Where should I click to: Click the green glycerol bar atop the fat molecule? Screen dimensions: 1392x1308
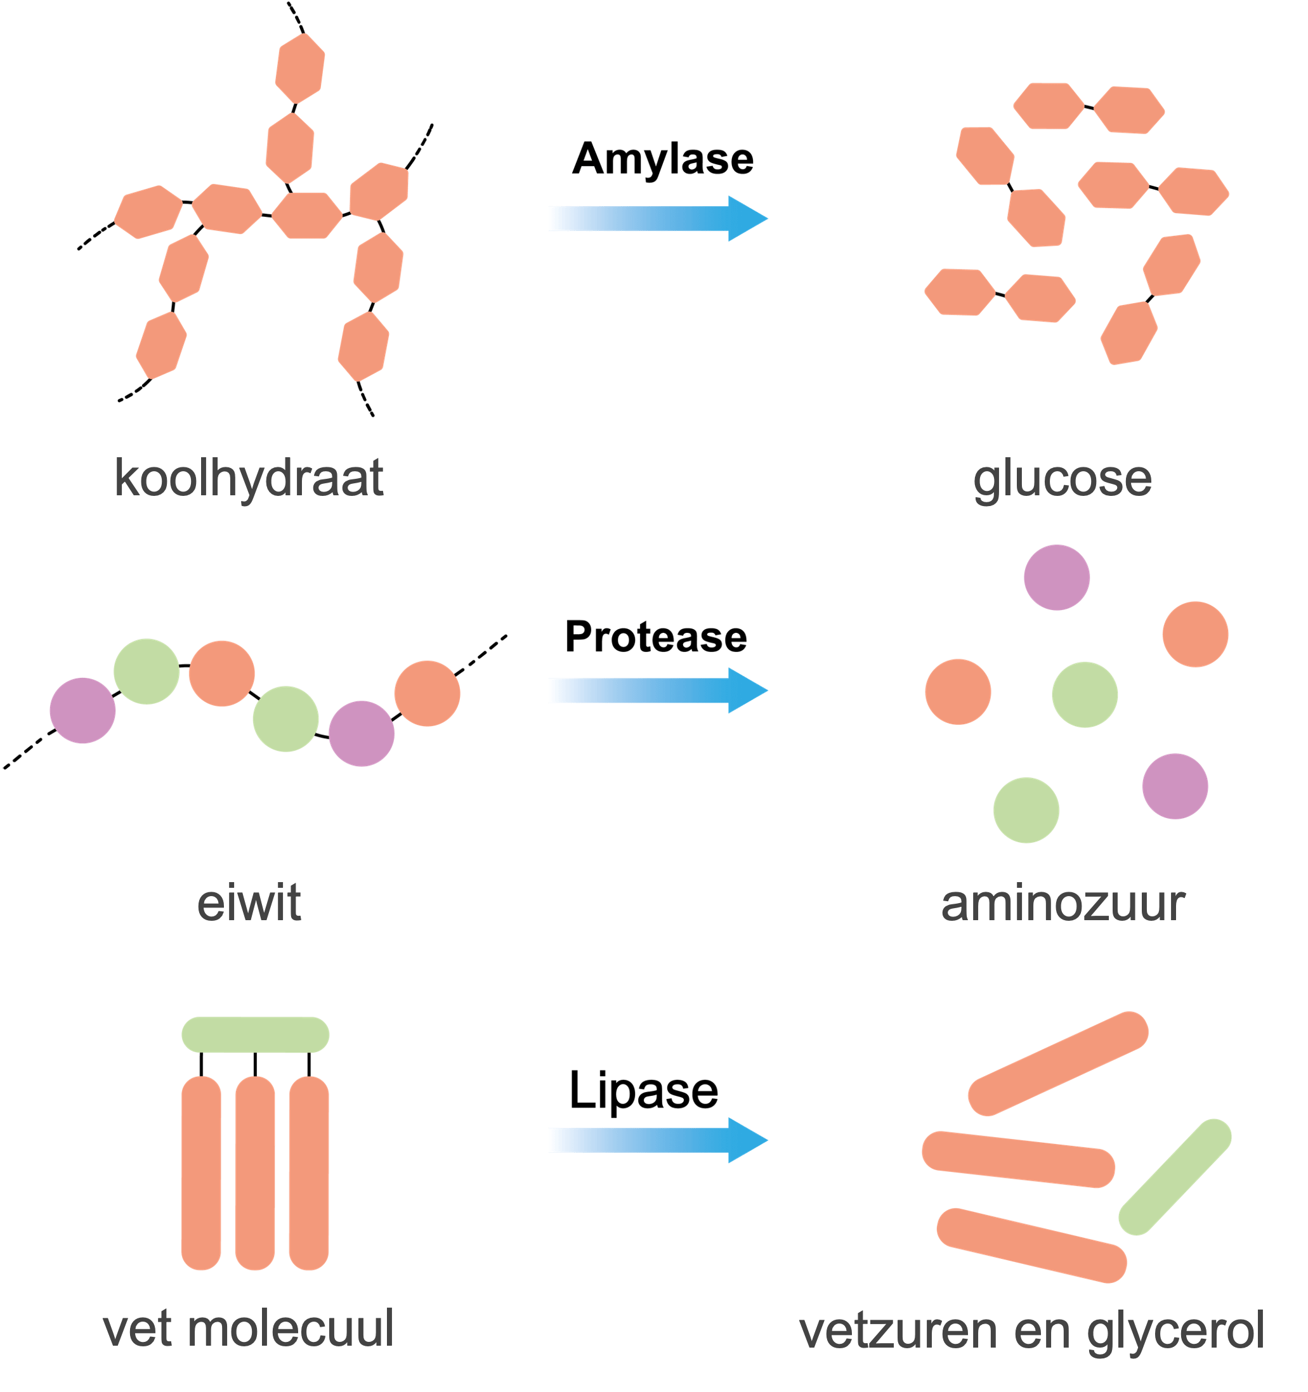(256, 1035)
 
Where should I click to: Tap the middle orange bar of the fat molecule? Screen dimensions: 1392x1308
(255, 1174)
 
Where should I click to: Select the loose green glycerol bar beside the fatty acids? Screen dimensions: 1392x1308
(1175, 1177)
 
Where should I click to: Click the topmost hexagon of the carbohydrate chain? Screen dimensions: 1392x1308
(299, 68)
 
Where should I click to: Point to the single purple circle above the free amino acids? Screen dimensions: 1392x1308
(1057, 577)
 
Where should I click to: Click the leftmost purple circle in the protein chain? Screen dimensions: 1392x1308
(82, 711)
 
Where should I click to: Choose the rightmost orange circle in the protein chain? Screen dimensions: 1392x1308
(427, 693)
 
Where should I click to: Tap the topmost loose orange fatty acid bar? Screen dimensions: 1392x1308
(1058, 1064)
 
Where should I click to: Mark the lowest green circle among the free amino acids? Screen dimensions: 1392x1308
(1026, 810)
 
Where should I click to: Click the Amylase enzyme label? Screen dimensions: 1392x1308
(662, 157)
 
